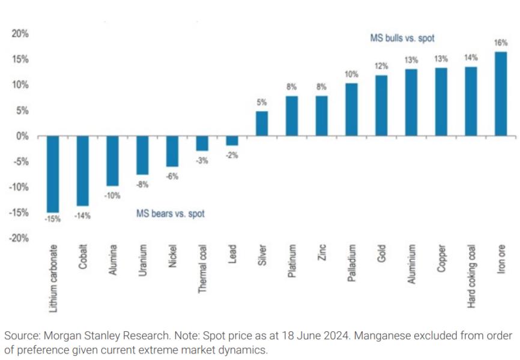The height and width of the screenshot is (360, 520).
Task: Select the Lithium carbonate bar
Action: [53, 174]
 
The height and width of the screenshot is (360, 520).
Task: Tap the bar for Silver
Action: [262, 124]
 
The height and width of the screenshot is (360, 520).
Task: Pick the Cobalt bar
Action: [82, 171]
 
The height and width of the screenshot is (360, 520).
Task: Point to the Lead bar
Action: [232, 141]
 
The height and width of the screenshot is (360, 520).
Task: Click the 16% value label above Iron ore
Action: [501, 43]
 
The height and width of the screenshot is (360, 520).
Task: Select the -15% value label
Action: [53, 220]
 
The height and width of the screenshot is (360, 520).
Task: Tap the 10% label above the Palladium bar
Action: [351, 74]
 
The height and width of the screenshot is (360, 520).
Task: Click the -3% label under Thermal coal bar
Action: [202, 160]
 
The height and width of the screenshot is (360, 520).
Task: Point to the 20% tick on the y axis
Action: [20, 34]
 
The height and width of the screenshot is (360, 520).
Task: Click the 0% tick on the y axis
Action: [23, 136]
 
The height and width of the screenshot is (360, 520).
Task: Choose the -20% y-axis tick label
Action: [19, 238]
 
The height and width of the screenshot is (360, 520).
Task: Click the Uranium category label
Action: [142, 259]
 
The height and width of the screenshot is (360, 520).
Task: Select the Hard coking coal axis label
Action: [471, 276]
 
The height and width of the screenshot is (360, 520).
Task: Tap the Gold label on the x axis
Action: [381, 254]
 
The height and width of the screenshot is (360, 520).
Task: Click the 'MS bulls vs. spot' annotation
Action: [402, 38]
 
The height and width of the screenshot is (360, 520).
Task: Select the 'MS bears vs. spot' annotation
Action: [171, 213]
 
